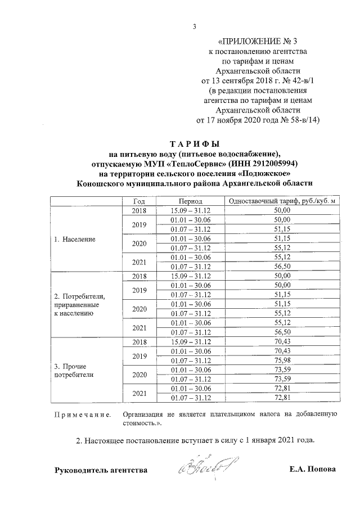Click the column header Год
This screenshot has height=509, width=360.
[x=139, y=201]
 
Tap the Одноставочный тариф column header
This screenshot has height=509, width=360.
[x=282, y=201]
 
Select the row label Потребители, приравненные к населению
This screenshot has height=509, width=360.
[x=79, y=304]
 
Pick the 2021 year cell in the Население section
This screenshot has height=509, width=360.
[x=139, y=262]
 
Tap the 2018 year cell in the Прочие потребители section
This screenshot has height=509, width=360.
[x=139, y=341]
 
